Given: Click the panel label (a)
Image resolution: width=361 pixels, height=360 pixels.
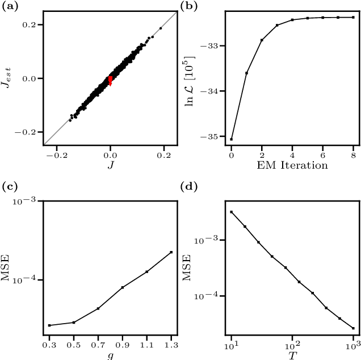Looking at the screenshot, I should [9, 6].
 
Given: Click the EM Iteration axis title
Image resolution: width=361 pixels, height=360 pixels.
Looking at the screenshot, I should [292, 165].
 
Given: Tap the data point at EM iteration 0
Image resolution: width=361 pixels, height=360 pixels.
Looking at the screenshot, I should [232, 139].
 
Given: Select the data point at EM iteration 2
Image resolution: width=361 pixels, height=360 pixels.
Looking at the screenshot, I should [262, 40].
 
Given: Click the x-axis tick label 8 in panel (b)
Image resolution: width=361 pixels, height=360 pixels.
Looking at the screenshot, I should [353, 154].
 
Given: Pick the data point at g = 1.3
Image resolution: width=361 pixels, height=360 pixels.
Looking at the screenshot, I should [171, 252].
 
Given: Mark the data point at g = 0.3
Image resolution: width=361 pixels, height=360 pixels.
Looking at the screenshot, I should [50, 325].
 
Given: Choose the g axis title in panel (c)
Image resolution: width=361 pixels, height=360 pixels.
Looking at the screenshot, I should [111, 355].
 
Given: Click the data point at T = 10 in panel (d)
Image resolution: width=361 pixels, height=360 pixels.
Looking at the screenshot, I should [232, 212].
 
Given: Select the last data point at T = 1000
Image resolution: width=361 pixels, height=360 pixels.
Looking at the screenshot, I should [352, 328].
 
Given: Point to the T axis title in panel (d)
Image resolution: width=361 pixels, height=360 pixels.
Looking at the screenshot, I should [292, 355].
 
